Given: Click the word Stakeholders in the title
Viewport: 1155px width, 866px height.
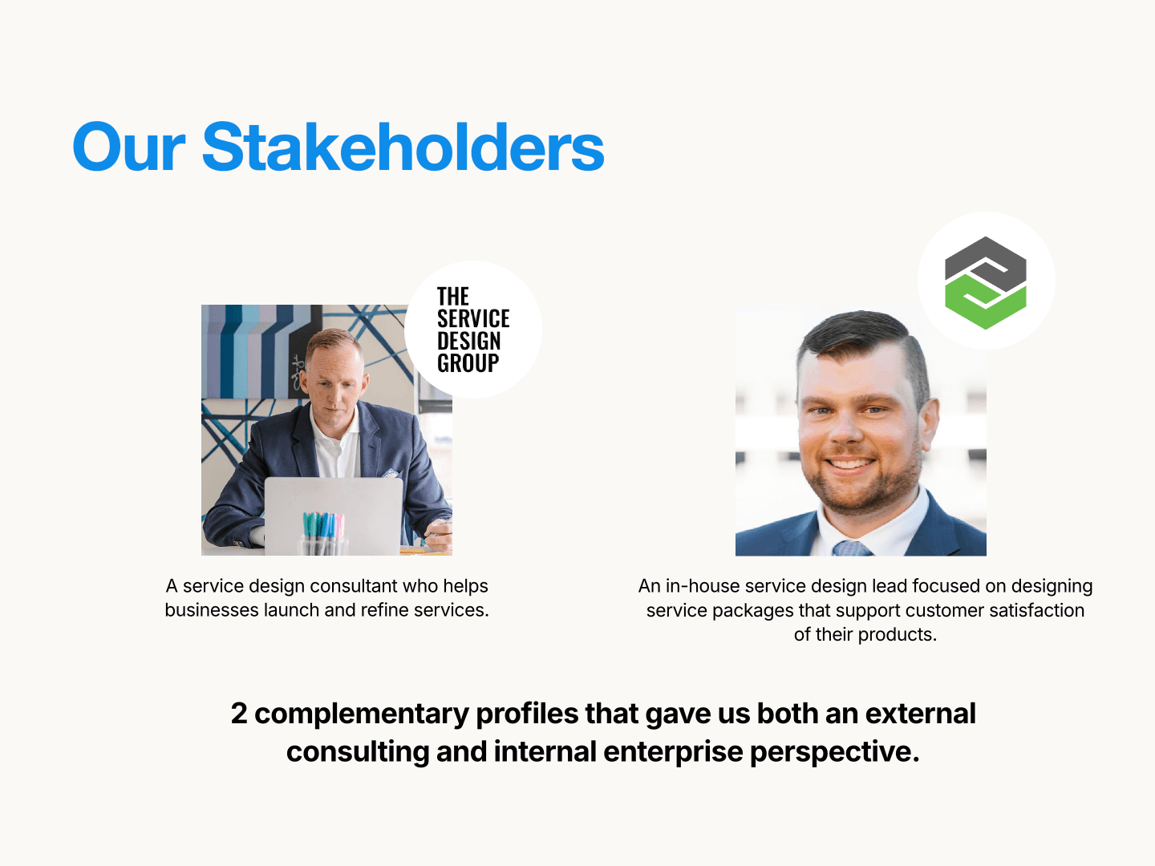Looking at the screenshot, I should pyautogui.click(x=403, y=148).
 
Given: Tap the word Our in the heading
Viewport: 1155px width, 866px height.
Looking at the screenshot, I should pyautogui.click(x=128, y=148).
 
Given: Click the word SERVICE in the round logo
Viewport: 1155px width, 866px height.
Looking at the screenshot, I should pyautogui.click(x=473, y=318).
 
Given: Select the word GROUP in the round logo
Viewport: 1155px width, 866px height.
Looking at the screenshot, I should pyautogui.click(x=468, y=363).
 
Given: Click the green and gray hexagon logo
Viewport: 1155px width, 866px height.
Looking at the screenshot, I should pyautogui.click(x=986, y=282).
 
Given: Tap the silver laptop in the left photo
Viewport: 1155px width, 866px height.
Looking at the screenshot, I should pyautogui.click(x=333, y=513).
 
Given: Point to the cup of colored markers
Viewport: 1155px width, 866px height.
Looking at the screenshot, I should pyautogui.click(x=323, y=534).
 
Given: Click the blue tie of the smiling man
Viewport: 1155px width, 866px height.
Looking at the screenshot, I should pyautogui.click(x=851, y=548).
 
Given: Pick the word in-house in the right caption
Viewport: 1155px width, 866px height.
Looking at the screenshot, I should pyautogui.click(x=703, y=586).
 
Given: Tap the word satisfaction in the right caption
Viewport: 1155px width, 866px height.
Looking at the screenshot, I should pyautogui.click(x=1036, y=610).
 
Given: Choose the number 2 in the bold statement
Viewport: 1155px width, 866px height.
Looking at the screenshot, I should pyautogui.click(x=239, y=713).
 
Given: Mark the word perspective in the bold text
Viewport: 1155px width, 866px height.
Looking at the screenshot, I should pyautogui.click(x=834, y=751).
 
